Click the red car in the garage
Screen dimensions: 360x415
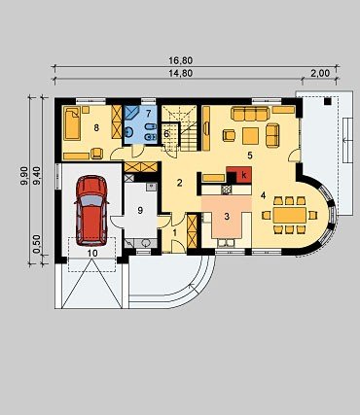[x=91, y=211]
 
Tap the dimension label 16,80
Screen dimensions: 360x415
[x=181, y=60]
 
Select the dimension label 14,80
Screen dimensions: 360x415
[x=181, y=74]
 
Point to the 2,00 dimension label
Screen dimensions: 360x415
[x=320, y=74]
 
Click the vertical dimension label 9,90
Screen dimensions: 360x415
[x=24, y=176]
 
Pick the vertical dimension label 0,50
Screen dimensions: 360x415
[x=37, y=244]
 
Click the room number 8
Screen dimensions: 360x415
[x=96, y=128]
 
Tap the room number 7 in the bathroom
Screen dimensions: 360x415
[x=149, y=114]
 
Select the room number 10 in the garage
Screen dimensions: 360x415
[x=92, y=253]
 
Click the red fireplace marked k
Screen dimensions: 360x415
[x=239, y=175]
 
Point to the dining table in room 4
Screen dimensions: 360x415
[x=290, y=215]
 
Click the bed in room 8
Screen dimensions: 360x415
[x=72, y=123]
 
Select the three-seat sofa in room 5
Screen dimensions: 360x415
[x=250, y=114]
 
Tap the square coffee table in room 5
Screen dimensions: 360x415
[x=250, y=136]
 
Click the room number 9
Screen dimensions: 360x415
[x=140, y=210]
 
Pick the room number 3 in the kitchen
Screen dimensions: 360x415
[x=227, y=217]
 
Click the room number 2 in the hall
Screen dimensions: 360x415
[x=179, y=183]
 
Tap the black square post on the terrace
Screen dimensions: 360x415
[x=328, y=101]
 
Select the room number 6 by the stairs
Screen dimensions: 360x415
[x=166, y=133]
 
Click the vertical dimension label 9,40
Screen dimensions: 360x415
[x=37, y=176]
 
